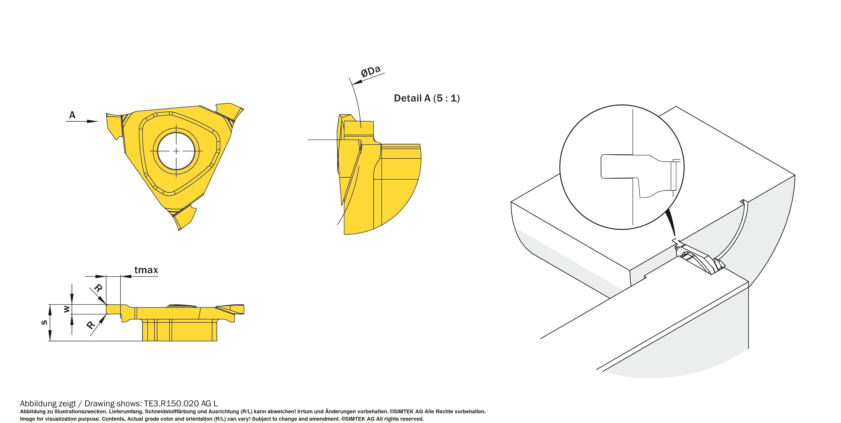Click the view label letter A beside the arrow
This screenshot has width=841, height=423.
tap(72, 115)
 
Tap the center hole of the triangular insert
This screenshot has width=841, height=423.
tap(176, 151)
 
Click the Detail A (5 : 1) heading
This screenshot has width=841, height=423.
tap(427, 98)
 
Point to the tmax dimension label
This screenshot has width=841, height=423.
tap(146, 270)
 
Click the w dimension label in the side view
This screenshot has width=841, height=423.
tap(67, 309)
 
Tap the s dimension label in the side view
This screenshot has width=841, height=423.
tap(44, 323)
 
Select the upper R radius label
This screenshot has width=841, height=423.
tap(98, 288)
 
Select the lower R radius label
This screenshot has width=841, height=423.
tap(90, 325)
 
